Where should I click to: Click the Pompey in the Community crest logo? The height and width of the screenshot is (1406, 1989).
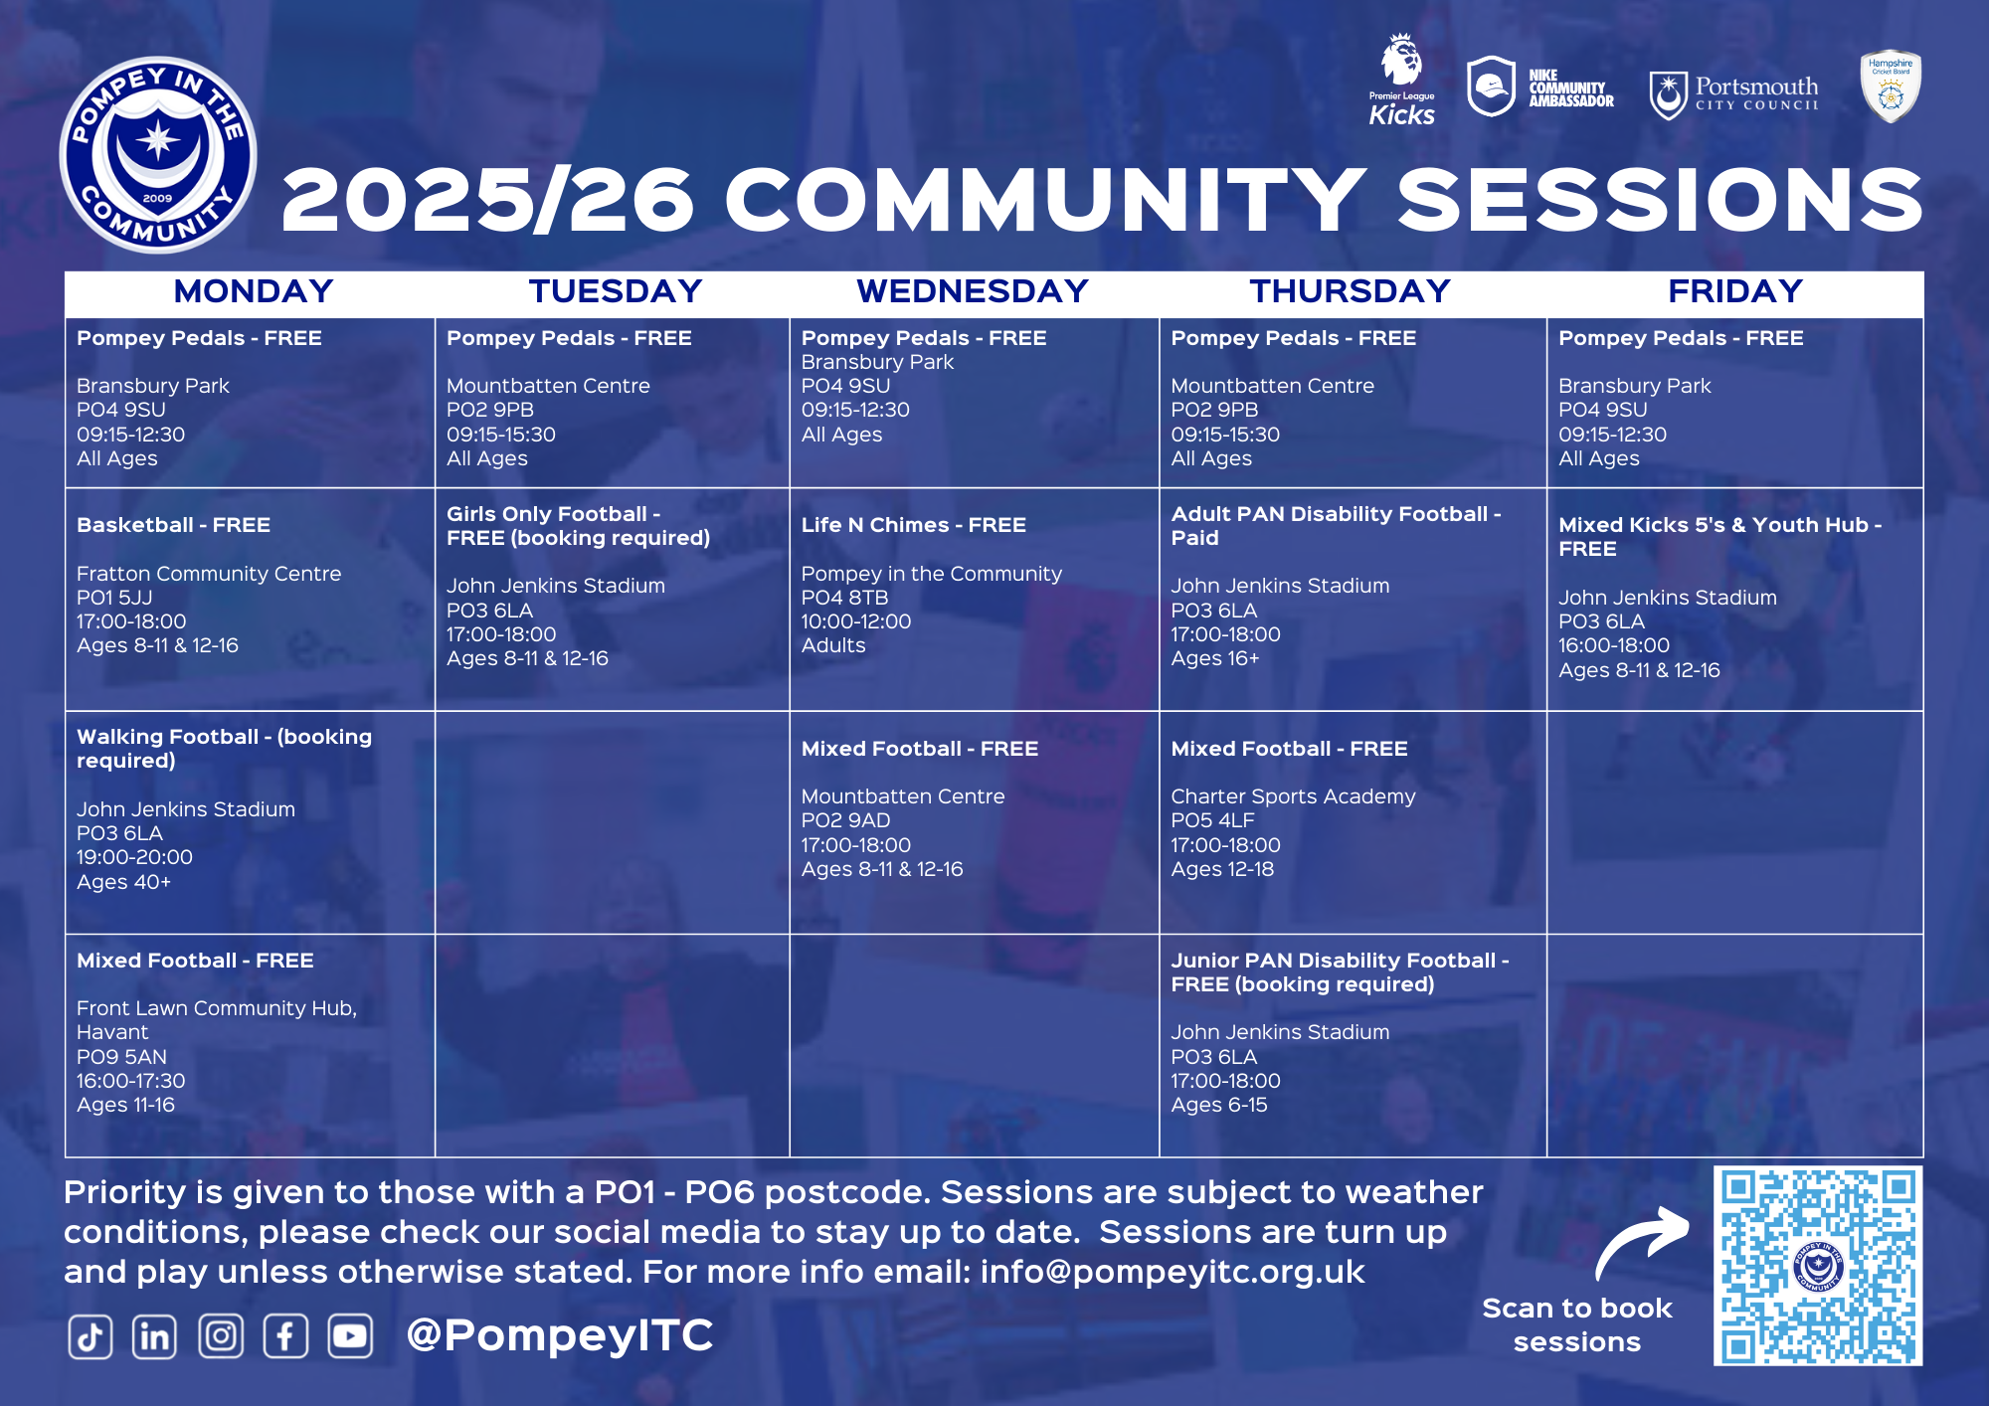click(158, 154)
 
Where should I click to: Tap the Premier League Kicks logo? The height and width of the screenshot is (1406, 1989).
click(1402, 80)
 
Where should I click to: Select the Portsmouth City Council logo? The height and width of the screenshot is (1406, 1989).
click(1733, 95)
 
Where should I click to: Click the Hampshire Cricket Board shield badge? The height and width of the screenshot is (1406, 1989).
click(1891, 87)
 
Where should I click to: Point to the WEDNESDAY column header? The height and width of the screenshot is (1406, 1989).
click(973, 291)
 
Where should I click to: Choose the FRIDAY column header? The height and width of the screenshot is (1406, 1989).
click(1735, 291)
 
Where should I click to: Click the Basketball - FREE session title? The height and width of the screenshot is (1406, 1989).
click(174, 525)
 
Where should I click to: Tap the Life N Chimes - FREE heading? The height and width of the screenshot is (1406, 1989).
click(914, 525)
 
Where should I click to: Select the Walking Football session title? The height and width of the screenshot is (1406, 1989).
click(225, 749)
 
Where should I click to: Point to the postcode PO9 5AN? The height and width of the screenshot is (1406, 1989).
click(122, 1057)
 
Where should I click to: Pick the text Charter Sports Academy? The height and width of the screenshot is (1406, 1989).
click(1293, 796)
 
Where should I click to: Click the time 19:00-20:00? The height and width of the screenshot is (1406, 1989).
click(135, 857)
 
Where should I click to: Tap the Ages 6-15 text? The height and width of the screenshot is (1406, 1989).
click(1219, 1105)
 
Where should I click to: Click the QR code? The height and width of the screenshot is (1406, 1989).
click(1818, 1266)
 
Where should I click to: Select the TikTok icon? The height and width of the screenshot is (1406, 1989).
click(90, 1336)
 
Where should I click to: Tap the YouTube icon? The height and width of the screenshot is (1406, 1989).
click(350, 1336)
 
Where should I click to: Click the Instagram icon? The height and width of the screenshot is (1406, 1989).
click(221, 1336)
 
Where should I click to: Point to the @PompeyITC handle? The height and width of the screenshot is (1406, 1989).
click(560, 1335)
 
